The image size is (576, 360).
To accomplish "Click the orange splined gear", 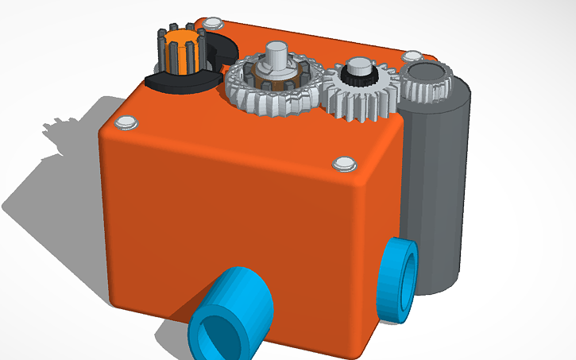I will (x=182, y=49).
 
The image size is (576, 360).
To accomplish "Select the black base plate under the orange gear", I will (x=172, y=82).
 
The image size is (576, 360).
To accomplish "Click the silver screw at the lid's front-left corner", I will (x=126, y=122).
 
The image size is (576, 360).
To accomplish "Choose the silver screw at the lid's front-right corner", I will (x=344, y=163).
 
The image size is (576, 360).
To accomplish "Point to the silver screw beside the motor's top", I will (x=412, y=56).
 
